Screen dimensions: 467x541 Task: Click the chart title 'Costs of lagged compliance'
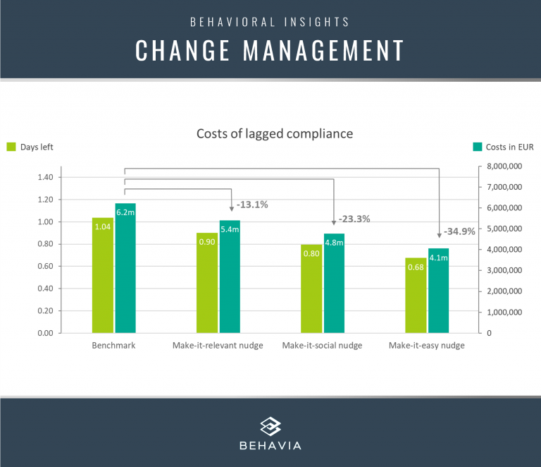click(x=274, y=133)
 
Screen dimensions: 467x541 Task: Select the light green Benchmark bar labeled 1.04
click(x=103, y=275)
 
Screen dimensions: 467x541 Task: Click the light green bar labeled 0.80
click(x=311, y=289)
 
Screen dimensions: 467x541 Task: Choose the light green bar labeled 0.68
click(x=416, y=296)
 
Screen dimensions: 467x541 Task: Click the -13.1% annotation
click(x=252, y=205)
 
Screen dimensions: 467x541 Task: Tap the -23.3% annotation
click(x=354, y=219)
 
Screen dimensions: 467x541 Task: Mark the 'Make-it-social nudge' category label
click(x=322, y=346)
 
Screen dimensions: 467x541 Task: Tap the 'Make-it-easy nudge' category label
click(x=427, y=346)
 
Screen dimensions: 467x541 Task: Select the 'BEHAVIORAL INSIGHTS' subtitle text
click(x=270, y=21)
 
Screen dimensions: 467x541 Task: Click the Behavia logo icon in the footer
click(x=270, y=426)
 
